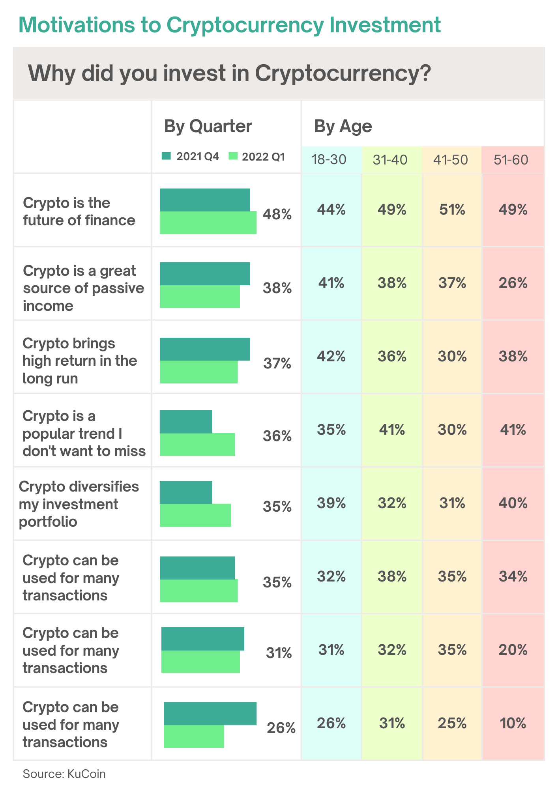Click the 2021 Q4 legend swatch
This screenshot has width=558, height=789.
tap(166, 156)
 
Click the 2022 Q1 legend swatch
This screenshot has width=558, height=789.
tap(233, 156)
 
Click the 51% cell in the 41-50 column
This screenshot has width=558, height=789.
tap(452, 210)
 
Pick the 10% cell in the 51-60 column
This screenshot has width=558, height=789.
tap(513, 723)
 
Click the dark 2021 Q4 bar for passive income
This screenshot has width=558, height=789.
tap(205, 273)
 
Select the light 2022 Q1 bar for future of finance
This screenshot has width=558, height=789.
tap(208, 223)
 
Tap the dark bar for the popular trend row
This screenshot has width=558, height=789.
tap(186, 422)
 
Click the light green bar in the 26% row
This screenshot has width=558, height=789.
tap(194, 737)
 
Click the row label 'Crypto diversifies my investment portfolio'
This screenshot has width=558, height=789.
tap(79, 504)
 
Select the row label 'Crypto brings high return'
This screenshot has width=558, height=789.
tap(79, 361)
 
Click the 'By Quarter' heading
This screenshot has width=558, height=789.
tap(208, 126)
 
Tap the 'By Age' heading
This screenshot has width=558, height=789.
tap(343, 127)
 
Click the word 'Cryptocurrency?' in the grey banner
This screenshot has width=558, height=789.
tap(342, 74)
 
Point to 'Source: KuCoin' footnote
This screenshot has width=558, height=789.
tap(64, 774)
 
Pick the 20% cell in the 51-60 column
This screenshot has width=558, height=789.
tap(513, 650)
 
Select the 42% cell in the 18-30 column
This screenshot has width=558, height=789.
tap(331, 357)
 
